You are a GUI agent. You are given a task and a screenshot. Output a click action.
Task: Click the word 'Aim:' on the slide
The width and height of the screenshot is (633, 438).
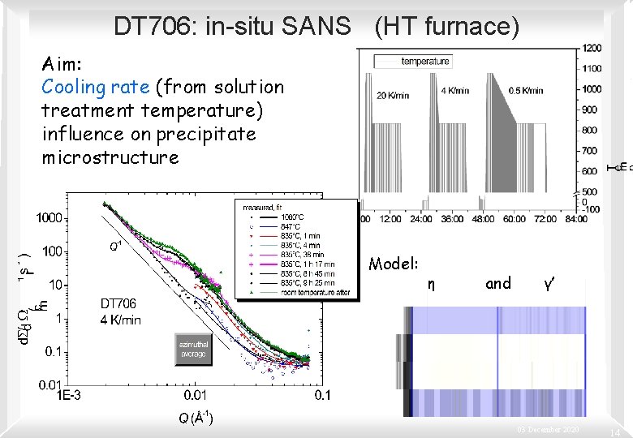pos(60,63)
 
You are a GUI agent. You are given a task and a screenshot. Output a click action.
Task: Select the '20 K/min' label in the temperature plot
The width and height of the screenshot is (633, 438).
pos(393,95)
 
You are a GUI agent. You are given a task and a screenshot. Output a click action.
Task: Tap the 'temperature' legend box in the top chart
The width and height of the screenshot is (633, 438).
pos(412,62)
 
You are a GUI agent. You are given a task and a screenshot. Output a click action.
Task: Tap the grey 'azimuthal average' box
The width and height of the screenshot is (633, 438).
pos(192,350)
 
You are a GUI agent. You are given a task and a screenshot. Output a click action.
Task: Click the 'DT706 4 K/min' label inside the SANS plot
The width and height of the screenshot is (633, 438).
pos(120,311)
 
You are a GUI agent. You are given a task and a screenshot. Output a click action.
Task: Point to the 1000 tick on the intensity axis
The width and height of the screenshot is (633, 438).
pos(50,217)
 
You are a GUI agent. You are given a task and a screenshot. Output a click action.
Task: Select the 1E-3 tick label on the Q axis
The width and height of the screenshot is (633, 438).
pos(68,395)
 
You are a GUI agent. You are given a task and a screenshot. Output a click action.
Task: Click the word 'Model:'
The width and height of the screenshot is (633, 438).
pos(394,264)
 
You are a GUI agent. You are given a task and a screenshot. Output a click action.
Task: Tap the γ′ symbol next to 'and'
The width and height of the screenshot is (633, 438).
pos(549,283)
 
